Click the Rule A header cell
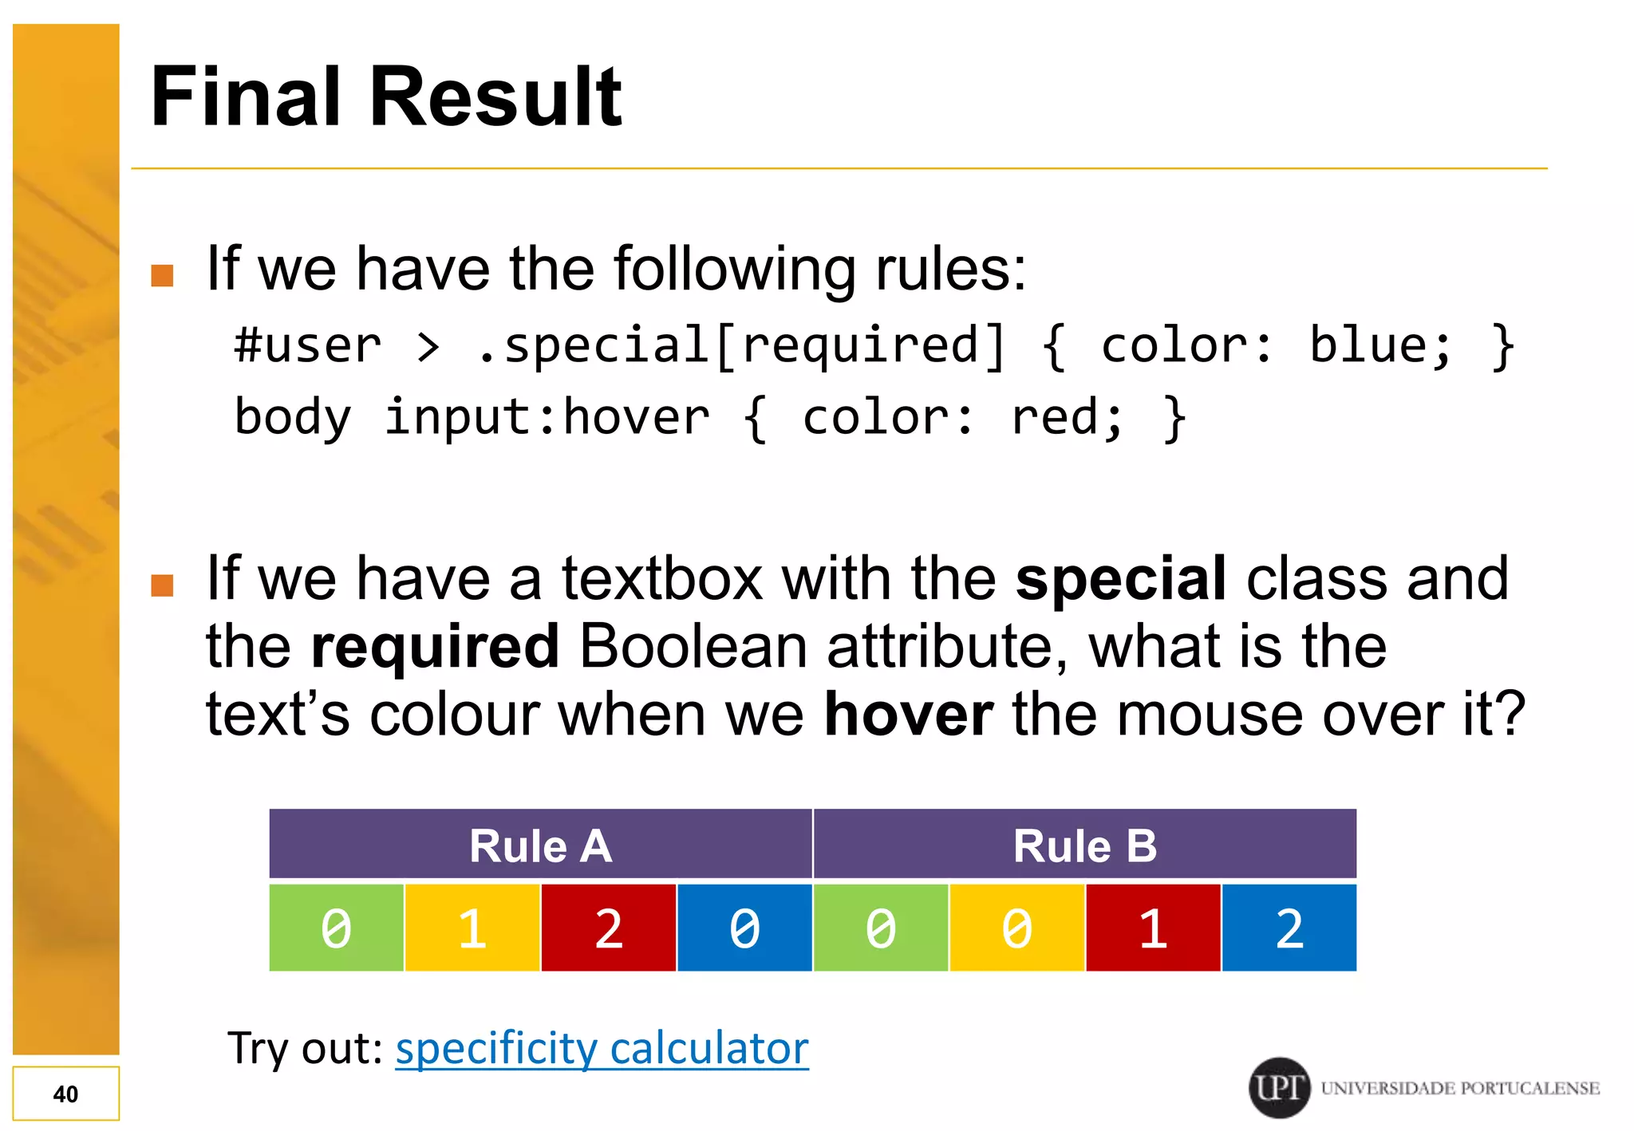click(540, 845)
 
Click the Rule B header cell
click(1084, 845)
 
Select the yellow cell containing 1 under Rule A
click(472, 928)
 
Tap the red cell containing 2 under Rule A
click(608, 928)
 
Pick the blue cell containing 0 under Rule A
click(744, 928)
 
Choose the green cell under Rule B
click(881, 928)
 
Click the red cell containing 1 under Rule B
click(1153, 928)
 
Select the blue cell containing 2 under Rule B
click(1289, 928)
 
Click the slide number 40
click(65, 1094)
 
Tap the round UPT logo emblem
click(1279, 1087)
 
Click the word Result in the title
click(495, 97)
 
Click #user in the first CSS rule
click(308, 346)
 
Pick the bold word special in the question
click(1120, 578)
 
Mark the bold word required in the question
click(435, 646)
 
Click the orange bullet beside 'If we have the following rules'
click(163, 275)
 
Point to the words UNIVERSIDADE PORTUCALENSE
click(1460, 1088)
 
